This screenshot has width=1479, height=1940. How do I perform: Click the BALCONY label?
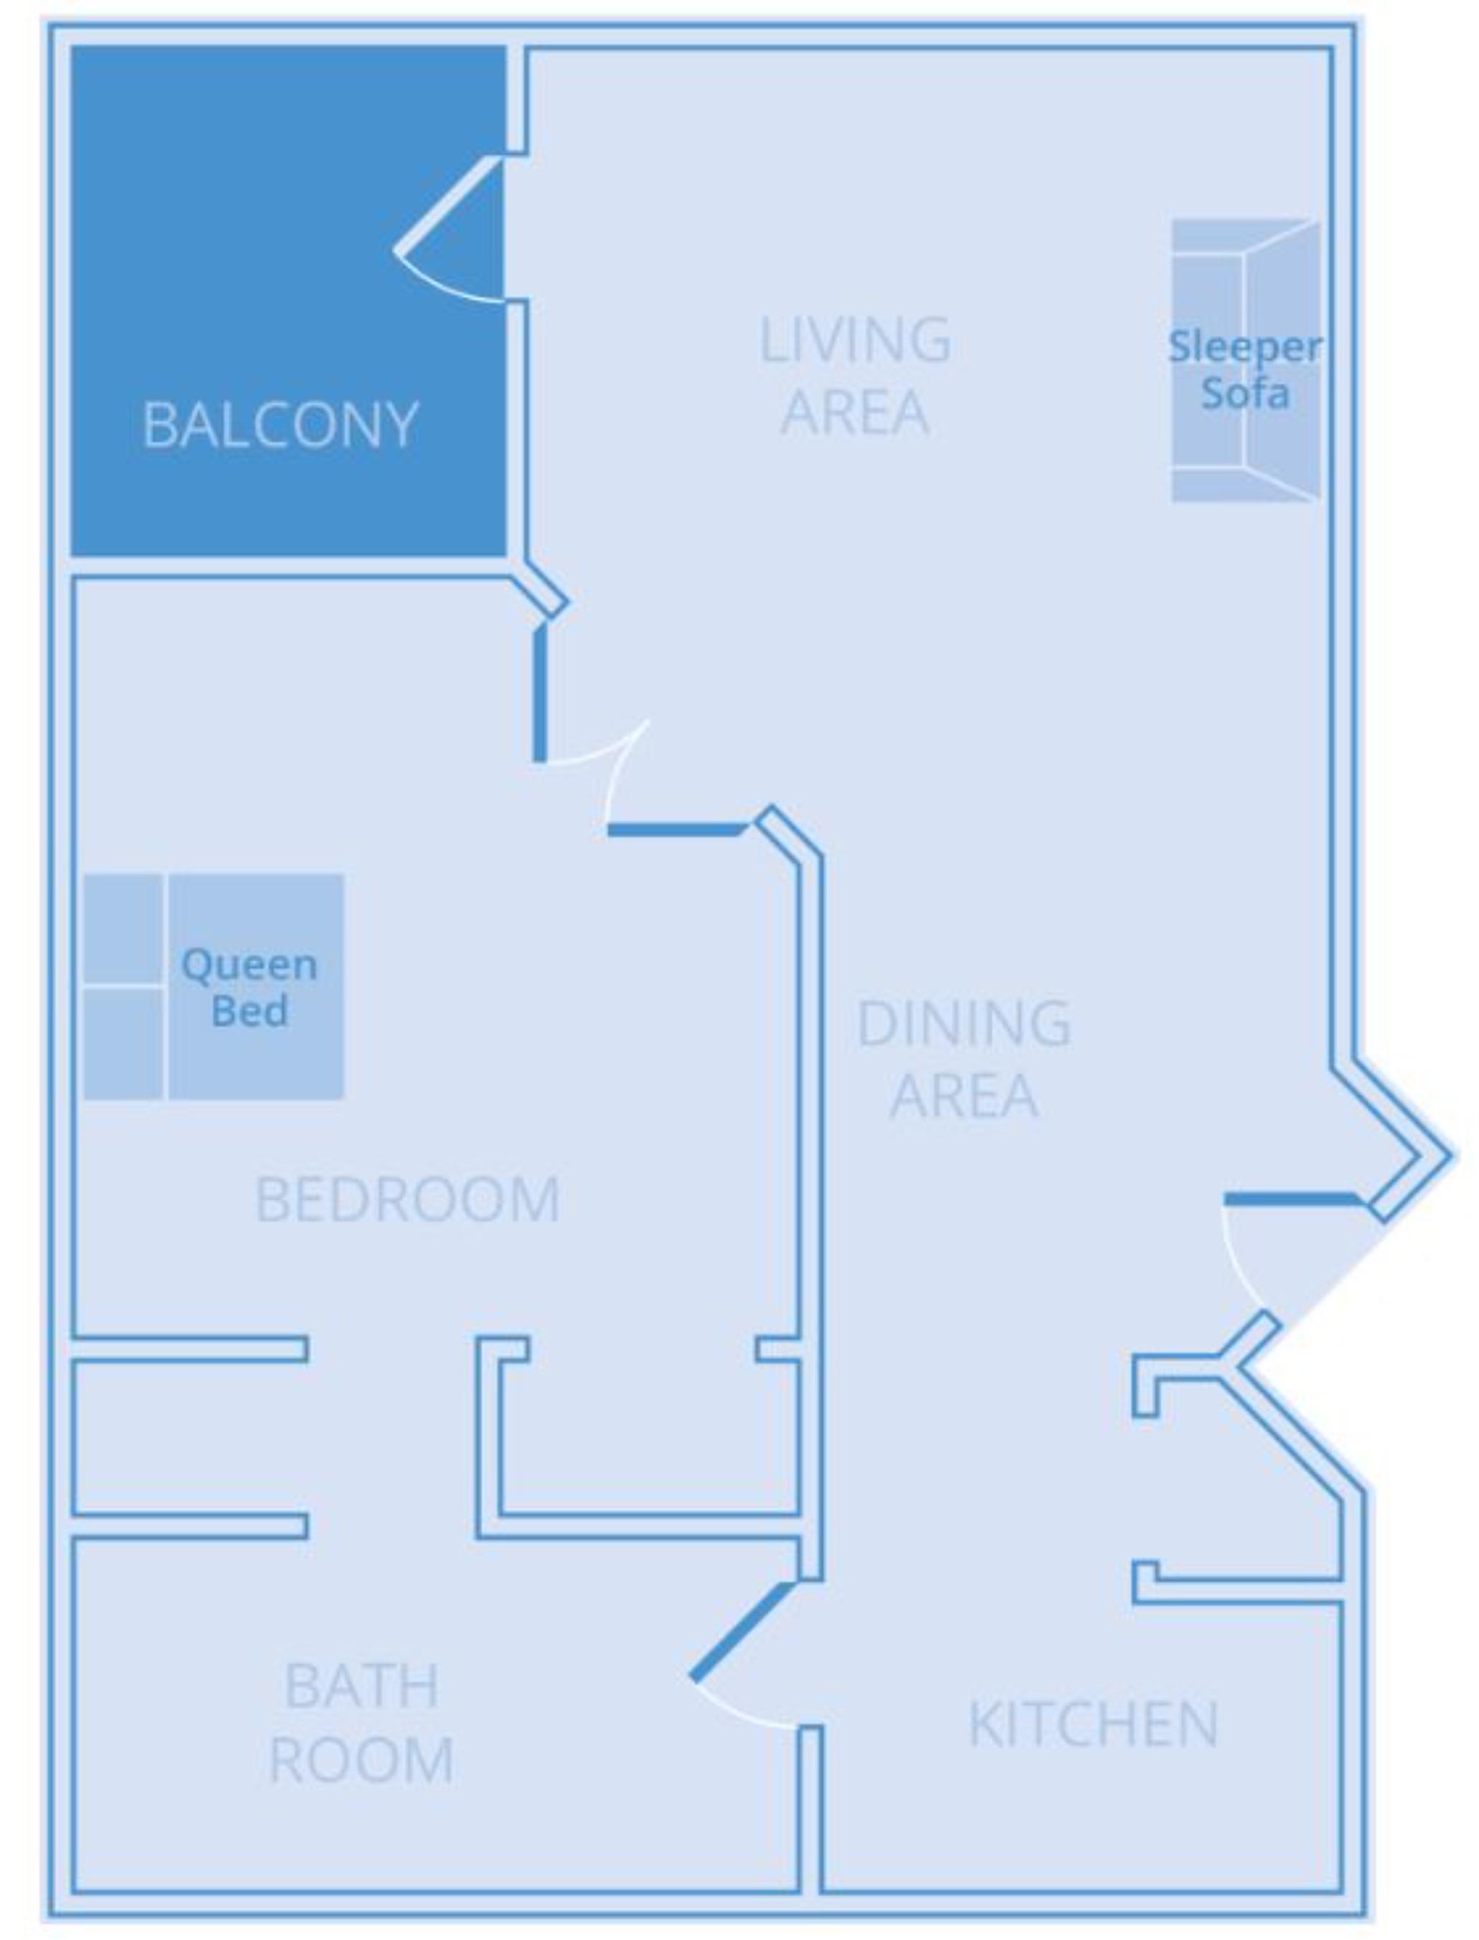click(x=280, y=425)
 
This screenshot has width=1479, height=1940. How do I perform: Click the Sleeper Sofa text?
click(x=1244, y=370)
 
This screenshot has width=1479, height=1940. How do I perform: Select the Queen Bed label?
click(x=249, y=987)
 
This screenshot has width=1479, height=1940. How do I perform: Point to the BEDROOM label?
click(x=406, y=1199)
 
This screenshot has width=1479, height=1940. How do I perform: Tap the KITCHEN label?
click(x=1093, y=1725)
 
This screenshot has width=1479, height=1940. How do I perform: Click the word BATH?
click(x=361, y=1687)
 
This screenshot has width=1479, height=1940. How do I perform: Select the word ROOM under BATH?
click(x=361, y=1761)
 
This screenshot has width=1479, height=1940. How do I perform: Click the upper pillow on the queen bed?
click(x=122, y=928)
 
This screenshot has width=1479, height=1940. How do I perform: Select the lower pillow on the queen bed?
click(x=122, y=1044)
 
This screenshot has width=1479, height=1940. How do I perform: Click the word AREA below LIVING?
click(x=854, y=412)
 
